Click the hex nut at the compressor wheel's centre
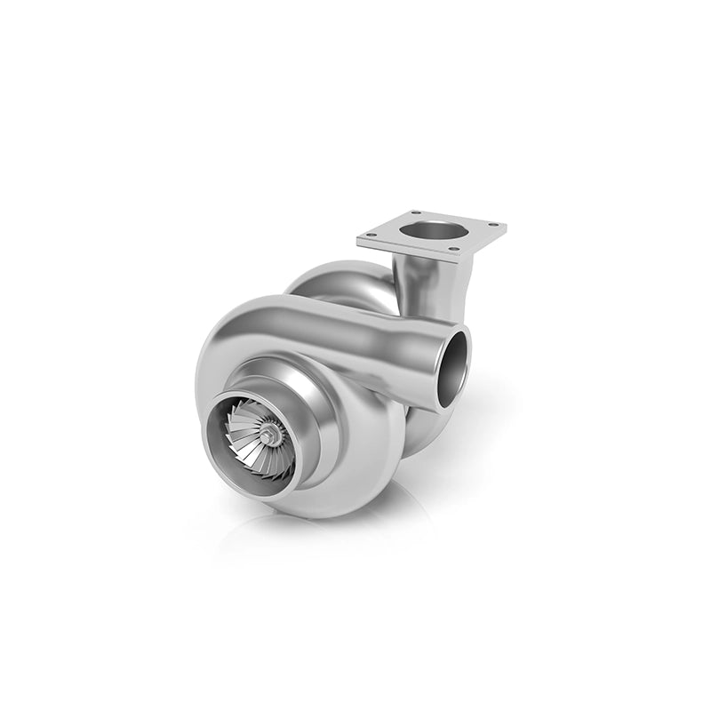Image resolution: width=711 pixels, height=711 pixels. point(268,435)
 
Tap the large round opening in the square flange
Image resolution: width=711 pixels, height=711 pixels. point(433,229)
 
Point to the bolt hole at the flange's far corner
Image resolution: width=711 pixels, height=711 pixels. point(414,214)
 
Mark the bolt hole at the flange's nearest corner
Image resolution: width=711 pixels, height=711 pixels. point(455,250)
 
